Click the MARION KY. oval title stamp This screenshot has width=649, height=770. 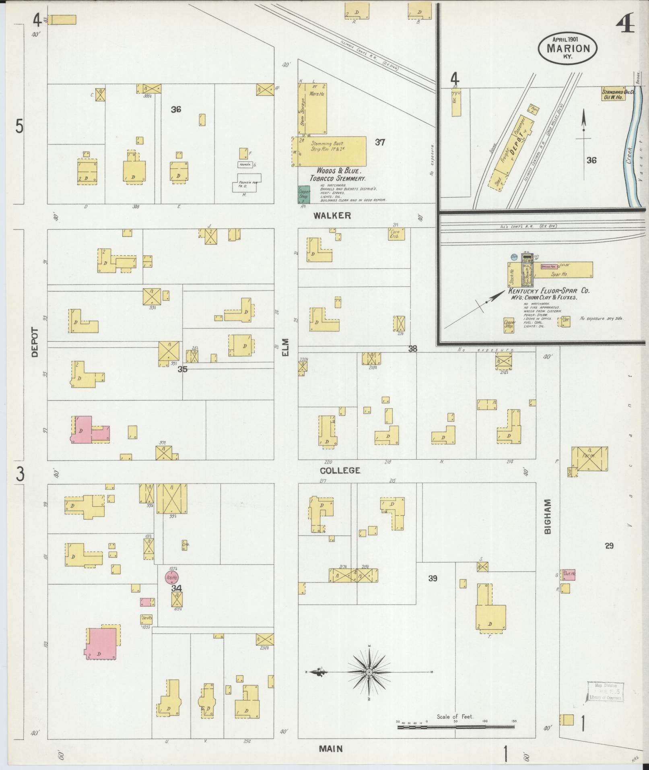[x=568, y=48]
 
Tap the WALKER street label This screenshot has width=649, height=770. [x=332, y=216]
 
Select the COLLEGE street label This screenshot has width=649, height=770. [x=340, y=471]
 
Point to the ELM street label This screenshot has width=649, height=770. [x=286, y=347]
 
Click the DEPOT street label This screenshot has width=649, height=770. [x=34, y=342]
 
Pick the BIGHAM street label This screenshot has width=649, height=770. [x=547, y=517]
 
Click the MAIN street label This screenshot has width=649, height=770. [x=331, y=749]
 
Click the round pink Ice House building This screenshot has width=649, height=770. [x=172, y=578]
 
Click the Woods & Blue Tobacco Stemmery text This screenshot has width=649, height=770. [x=337, y=174]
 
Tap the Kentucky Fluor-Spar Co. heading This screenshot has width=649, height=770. [x=549, y=291]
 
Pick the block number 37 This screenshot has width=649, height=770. [x=380, y=142]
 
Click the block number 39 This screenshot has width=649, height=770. [x=433, y=578]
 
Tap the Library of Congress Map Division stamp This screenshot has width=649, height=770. [x=605, y=692]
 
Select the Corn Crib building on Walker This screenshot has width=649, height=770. [x=397, y=234]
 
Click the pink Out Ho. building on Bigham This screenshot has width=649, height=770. [x=569, y=574]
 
